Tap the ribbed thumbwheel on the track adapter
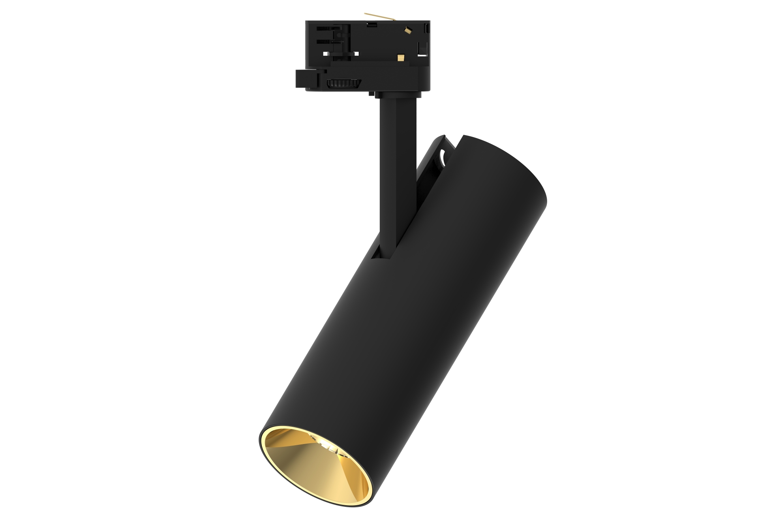coord(343,84)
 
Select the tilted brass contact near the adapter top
coord(407,29)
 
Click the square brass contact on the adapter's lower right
coord(402,58)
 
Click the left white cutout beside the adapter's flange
coord(326,54)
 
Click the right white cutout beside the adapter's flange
coord(357,54)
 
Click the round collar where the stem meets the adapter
coord(396,94)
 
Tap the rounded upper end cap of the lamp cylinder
coord(509,166)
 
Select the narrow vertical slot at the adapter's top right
coord(427,28)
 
